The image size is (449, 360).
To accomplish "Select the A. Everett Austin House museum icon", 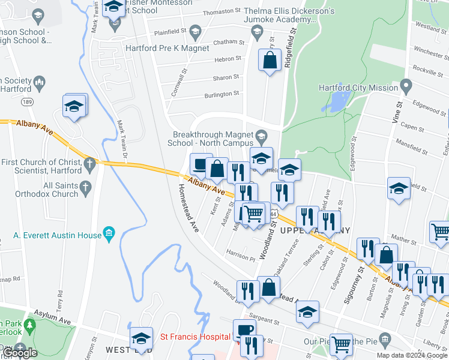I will (x=109, y=232).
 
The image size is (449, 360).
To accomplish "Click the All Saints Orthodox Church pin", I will (x=85, y=187).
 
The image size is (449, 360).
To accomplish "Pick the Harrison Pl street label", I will (x=241, y=255).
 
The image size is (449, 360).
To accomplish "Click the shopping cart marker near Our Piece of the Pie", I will (x=341, y=344).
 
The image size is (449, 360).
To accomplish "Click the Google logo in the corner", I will (x=20, y=353).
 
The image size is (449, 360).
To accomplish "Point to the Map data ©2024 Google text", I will (x=412, y=355).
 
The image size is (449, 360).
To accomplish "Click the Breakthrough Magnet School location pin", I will (x=261, y=135).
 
